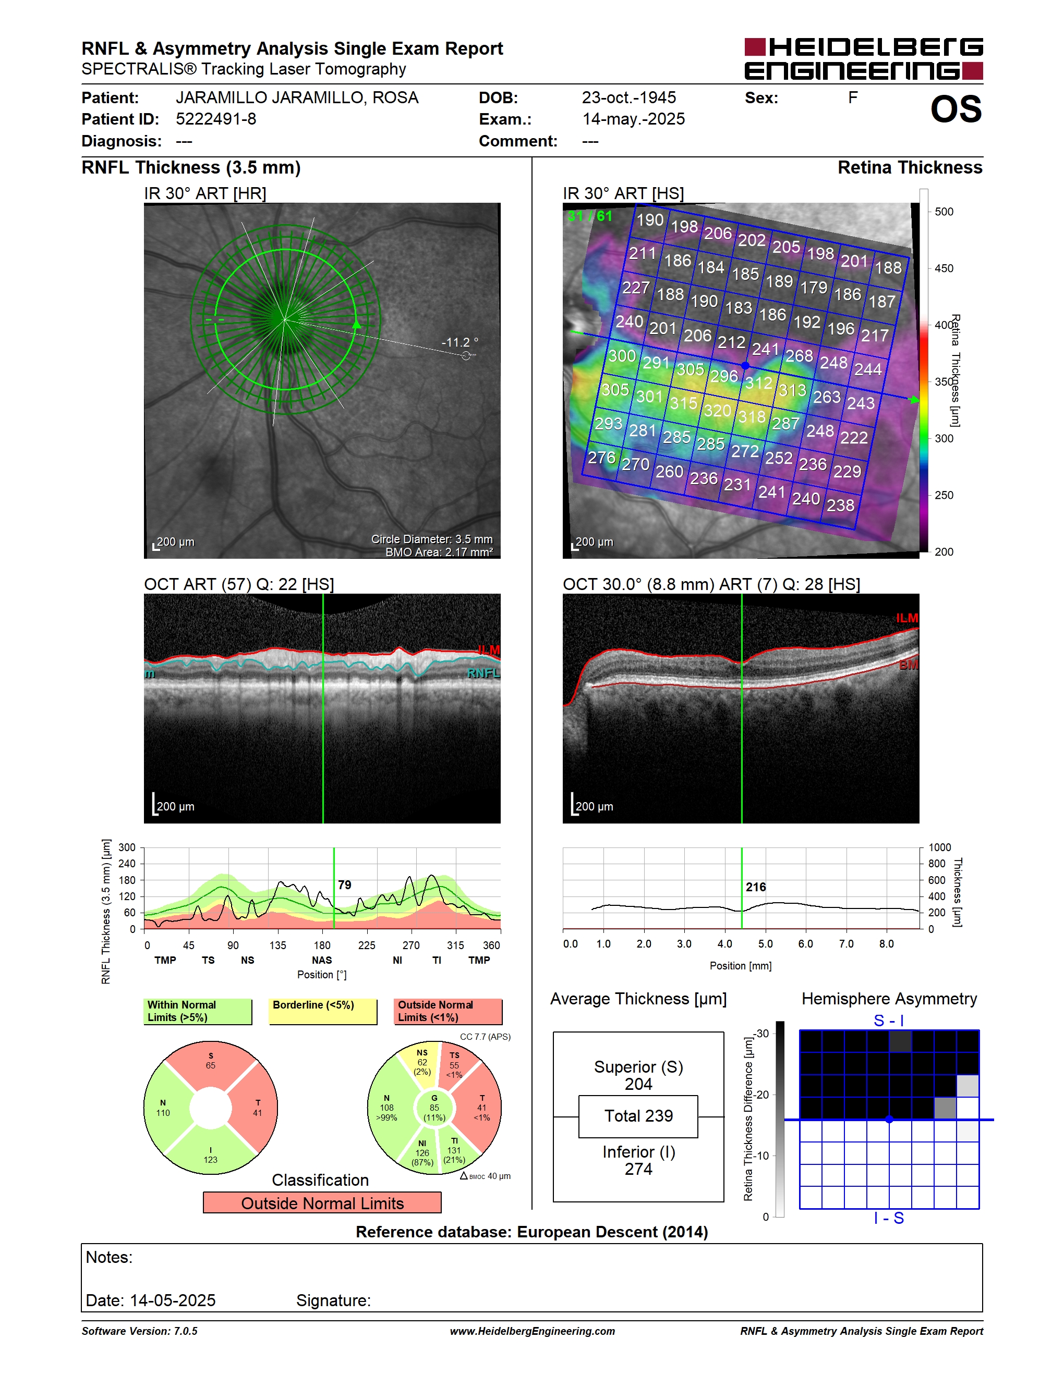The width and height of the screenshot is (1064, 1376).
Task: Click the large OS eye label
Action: coord(956,109)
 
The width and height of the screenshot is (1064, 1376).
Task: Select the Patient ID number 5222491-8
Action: coord(216,119)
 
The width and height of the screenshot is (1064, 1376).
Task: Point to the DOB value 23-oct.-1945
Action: coord(628,97)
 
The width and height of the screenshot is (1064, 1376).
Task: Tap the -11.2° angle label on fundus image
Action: coord(460,342)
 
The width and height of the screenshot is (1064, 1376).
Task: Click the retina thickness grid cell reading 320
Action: coord(717,411)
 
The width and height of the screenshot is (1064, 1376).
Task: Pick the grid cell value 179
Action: coord(814,287)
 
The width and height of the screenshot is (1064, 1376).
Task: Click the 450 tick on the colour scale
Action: coord(944,268)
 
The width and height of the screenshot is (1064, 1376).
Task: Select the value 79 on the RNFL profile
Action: coord(344,884)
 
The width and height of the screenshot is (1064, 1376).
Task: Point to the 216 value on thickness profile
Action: coord(756,887)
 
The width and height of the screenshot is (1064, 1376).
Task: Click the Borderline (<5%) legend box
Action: coord(323,1011)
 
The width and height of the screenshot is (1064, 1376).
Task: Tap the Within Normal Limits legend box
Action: coord(198,1011)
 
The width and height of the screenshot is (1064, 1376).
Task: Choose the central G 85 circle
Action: coord(434,1108)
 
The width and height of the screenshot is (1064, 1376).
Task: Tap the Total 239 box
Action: coord(638,1116)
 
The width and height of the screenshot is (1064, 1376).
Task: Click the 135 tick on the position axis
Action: coord(277,945)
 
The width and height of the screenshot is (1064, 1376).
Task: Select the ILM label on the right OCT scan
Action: coord(907,618)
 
